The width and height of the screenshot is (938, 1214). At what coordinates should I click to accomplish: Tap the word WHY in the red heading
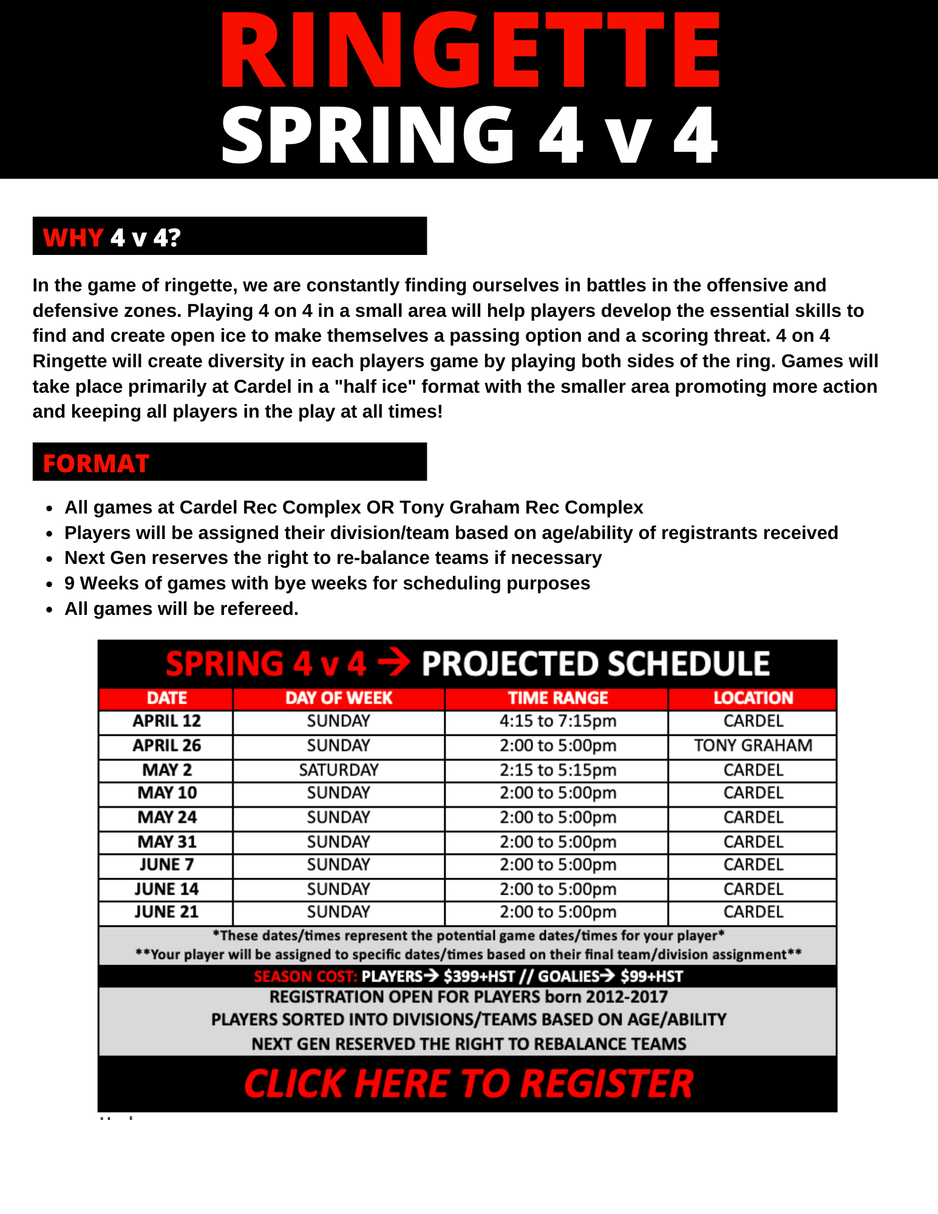(73, 237)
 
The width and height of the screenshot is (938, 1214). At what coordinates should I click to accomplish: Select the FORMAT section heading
(96, 464)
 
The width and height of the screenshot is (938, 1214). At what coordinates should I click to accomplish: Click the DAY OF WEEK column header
(339, 698)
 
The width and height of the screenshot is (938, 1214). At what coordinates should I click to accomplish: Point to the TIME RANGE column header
(557, 698)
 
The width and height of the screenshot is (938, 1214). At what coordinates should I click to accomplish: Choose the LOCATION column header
(753, 698)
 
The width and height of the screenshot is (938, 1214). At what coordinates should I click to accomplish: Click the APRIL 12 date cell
(166, 721)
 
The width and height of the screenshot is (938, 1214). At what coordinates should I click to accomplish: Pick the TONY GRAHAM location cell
(753, 745)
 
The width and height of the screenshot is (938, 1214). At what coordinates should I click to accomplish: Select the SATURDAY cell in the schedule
(339, 770)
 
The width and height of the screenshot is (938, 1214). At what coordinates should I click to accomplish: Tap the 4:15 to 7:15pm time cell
(557, 721)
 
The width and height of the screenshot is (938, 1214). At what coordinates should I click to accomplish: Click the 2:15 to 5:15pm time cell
(557, 770)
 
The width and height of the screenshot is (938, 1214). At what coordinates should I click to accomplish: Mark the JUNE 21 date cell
(166, 912)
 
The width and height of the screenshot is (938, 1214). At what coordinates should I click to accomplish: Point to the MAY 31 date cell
(166, 842)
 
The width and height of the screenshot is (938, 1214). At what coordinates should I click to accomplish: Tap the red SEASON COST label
(305, 977)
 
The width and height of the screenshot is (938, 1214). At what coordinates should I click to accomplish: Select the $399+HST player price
(479, 977)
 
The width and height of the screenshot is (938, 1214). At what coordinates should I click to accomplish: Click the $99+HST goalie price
(651, 977)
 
